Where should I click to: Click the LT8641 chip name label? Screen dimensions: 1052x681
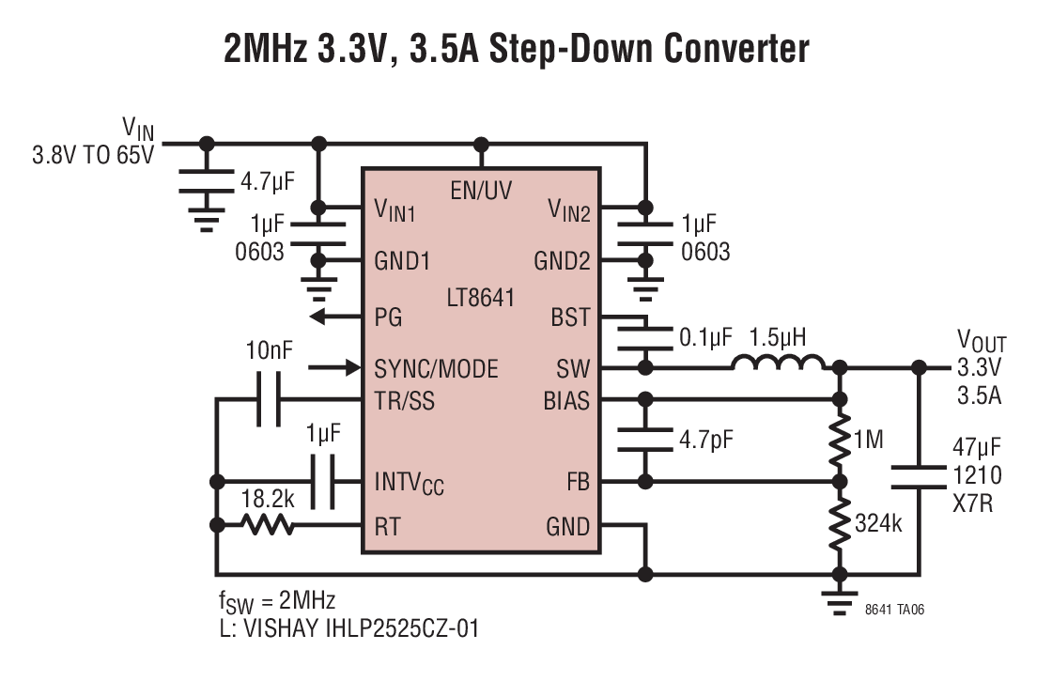480,297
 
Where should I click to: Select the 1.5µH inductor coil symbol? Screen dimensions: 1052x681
779,363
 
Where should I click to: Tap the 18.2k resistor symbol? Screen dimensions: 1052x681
267,524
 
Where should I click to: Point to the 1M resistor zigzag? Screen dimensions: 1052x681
839,441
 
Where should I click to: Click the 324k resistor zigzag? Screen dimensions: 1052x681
839,524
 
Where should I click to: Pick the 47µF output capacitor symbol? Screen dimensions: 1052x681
919,477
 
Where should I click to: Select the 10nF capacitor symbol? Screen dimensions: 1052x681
269,400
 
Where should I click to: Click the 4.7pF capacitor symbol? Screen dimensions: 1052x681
644,440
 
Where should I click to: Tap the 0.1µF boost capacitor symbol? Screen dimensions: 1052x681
644,339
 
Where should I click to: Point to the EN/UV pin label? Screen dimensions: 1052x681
481,191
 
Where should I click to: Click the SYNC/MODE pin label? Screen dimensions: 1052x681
436,369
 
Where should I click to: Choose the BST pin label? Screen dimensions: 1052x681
570,317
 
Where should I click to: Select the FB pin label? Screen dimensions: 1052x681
578,481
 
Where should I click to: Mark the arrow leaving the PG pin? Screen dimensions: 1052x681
336,316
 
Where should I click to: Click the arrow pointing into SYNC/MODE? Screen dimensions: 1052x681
334,367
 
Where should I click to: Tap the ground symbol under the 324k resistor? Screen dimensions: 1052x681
839,602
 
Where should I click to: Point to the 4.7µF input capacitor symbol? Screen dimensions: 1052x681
206,181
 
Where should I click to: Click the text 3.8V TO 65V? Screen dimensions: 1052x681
93,155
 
